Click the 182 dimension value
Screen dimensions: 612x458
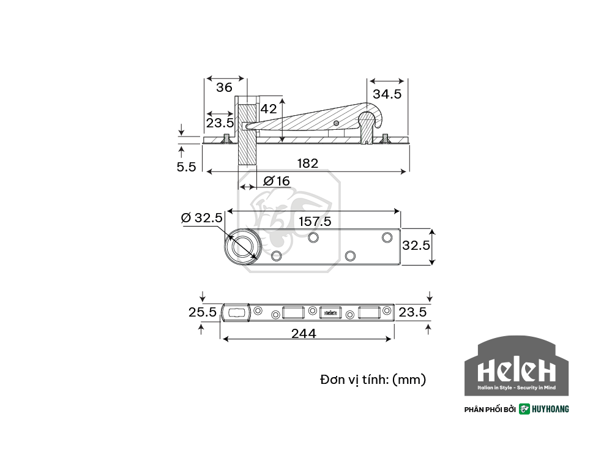click(x=308, y=163)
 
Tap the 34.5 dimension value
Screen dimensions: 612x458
click(x=387, y=94)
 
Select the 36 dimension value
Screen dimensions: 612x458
click(x=224, y=87)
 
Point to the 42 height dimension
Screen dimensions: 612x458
click(x=269, y=108)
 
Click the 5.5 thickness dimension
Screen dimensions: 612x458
click(x=186, y=167)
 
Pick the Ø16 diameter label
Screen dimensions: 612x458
click(x=277, y=181)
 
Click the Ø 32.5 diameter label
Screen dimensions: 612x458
click(x=202, y=217)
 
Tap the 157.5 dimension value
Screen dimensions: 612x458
click(x=315, y=222)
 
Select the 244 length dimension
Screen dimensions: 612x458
click(x=304, y=334)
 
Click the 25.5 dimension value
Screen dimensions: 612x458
click(x=202, y=312)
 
